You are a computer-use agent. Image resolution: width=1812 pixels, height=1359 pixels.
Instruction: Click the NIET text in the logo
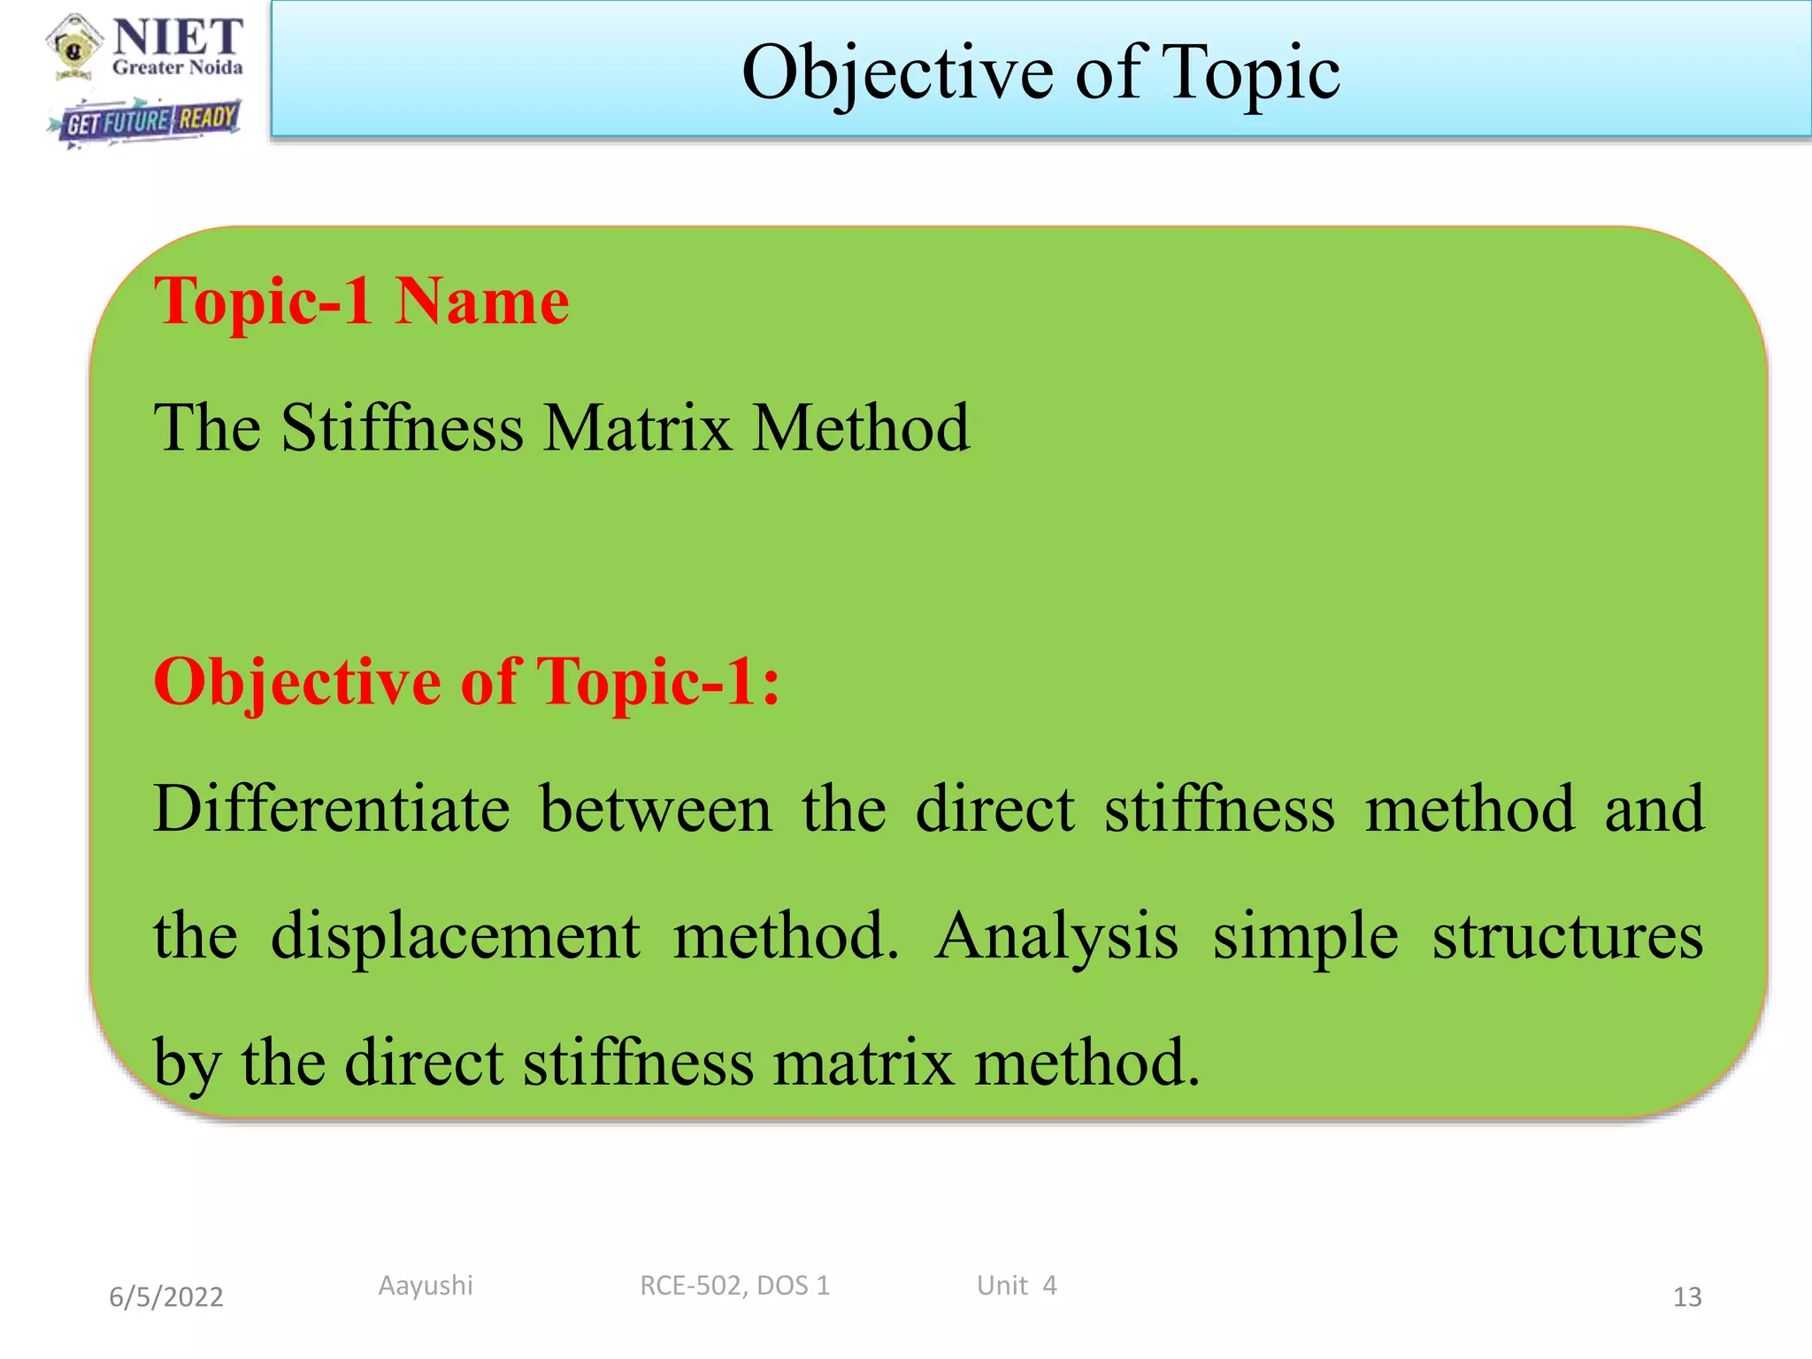[x=178, y=36]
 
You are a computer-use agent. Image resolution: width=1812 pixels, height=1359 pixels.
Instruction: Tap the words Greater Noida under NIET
[x=178, y=68]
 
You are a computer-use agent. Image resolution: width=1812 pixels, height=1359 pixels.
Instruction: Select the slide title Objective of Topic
[x=1040, y=73]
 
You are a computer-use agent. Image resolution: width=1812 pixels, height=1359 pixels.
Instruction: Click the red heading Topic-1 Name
[x=361, y=302]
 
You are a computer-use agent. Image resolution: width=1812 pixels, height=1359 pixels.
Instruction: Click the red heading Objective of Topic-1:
[x=467, y=682]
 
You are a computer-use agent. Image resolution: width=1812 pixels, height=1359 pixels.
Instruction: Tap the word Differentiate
[x=332, y=809]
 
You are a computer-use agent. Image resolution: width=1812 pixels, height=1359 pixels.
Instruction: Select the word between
[x=656, y=809]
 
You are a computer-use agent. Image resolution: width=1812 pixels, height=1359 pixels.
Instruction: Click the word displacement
[x=456, y=935]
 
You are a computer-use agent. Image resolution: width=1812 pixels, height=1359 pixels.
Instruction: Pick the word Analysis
[x=1056, y=937]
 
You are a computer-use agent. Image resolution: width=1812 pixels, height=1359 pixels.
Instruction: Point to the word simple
[x=1305, y=937]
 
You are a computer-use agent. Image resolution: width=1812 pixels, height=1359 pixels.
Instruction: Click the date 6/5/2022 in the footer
[x=166, y=1297]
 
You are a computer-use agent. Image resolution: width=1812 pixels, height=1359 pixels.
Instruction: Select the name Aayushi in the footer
[x=426, y=1286]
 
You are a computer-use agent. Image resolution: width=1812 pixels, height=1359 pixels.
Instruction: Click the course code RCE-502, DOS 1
[x=734, y=1286]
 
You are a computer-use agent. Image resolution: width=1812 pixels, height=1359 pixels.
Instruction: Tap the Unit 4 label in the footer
[x=1017, y=1286]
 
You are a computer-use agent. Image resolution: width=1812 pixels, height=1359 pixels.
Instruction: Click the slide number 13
[x=1686, y=1297]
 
